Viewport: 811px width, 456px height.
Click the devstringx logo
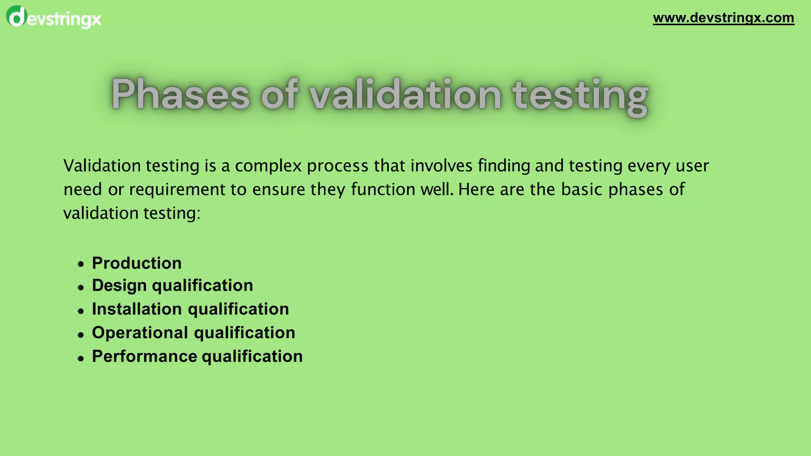(x=53, y=18)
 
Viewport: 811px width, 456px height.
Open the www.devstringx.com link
(x=723, y=18)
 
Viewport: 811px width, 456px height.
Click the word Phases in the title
(x=181, y=95)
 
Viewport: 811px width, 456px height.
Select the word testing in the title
(x=580, y=97)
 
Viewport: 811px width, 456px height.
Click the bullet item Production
(x=137, y=263)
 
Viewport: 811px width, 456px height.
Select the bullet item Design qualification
(x=172, y=285)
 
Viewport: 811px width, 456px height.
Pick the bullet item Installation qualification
(x=190, y=309)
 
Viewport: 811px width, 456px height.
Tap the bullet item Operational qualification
(x=193, y=333)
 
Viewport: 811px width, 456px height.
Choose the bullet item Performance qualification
(x=197, y=357)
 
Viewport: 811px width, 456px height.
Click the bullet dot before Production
(x=81, y=264)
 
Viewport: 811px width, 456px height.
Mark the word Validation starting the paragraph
(x=102, y=165)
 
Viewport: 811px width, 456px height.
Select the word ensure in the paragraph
(x=279, y=190)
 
